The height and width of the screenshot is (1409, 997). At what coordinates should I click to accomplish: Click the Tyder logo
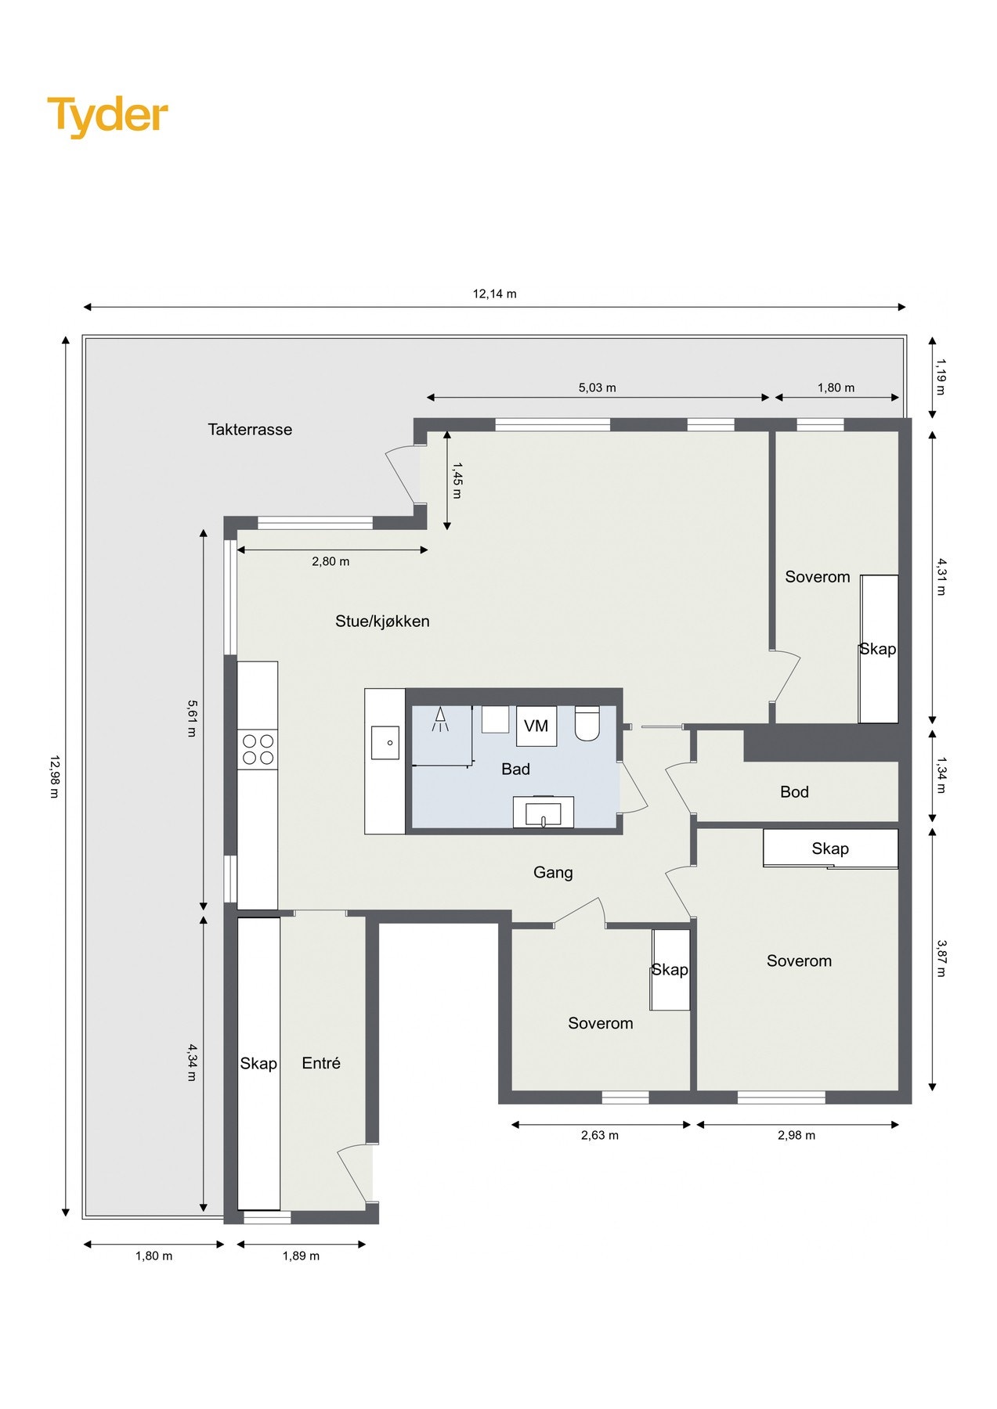point(107,116)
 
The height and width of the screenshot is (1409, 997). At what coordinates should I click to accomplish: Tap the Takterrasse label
point(250,429)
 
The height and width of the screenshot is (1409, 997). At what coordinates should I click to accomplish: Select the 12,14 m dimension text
point(494,294)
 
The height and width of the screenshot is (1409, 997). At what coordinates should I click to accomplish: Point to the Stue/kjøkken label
point(382,621)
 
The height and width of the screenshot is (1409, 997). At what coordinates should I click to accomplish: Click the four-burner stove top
point(258,749)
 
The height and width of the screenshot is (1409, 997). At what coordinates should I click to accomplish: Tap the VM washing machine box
point(536,726)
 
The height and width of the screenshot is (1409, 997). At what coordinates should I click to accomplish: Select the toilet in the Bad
point(587,723)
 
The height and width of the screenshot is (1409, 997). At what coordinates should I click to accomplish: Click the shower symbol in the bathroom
point(441,719)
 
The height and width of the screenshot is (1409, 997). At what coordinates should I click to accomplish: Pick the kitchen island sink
point(385,742)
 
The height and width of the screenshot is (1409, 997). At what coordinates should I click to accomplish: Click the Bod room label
point(794,792)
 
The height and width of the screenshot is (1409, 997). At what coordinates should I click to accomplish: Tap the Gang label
point(553,872)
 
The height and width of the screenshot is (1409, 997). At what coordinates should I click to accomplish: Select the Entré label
point(321,1063)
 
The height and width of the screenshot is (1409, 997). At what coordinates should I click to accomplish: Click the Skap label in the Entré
point(258,1063)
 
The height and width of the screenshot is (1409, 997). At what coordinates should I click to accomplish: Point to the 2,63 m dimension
point(599,1135)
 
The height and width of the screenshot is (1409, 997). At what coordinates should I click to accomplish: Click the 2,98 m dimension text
point(796,1135)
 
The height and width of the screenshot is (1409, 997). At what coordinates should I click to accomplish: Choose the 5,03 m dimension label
point(597,387)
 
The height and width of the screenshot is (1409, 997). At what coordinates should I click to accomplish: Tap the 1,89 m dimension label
point(301,1256)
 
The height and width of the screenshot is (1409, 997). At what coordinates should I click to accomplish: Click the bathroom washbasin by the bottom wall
point(543,812)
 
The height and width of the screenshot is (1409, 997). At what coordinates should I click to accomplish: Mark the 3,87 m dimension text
point(941,958)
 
